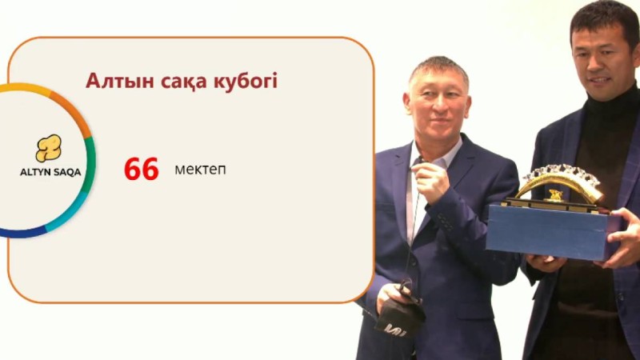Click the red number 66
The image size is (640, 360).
(x=142, y=170)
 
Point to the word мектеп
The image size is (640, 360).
(x=200, y=170)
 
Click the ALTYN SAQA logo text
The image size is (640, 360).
(x=50, y=172)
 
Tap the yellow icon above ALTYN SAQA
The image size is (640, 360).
(x=48, y=147)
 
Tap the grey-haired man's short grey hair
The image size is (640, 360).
(x=438, y=68)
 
